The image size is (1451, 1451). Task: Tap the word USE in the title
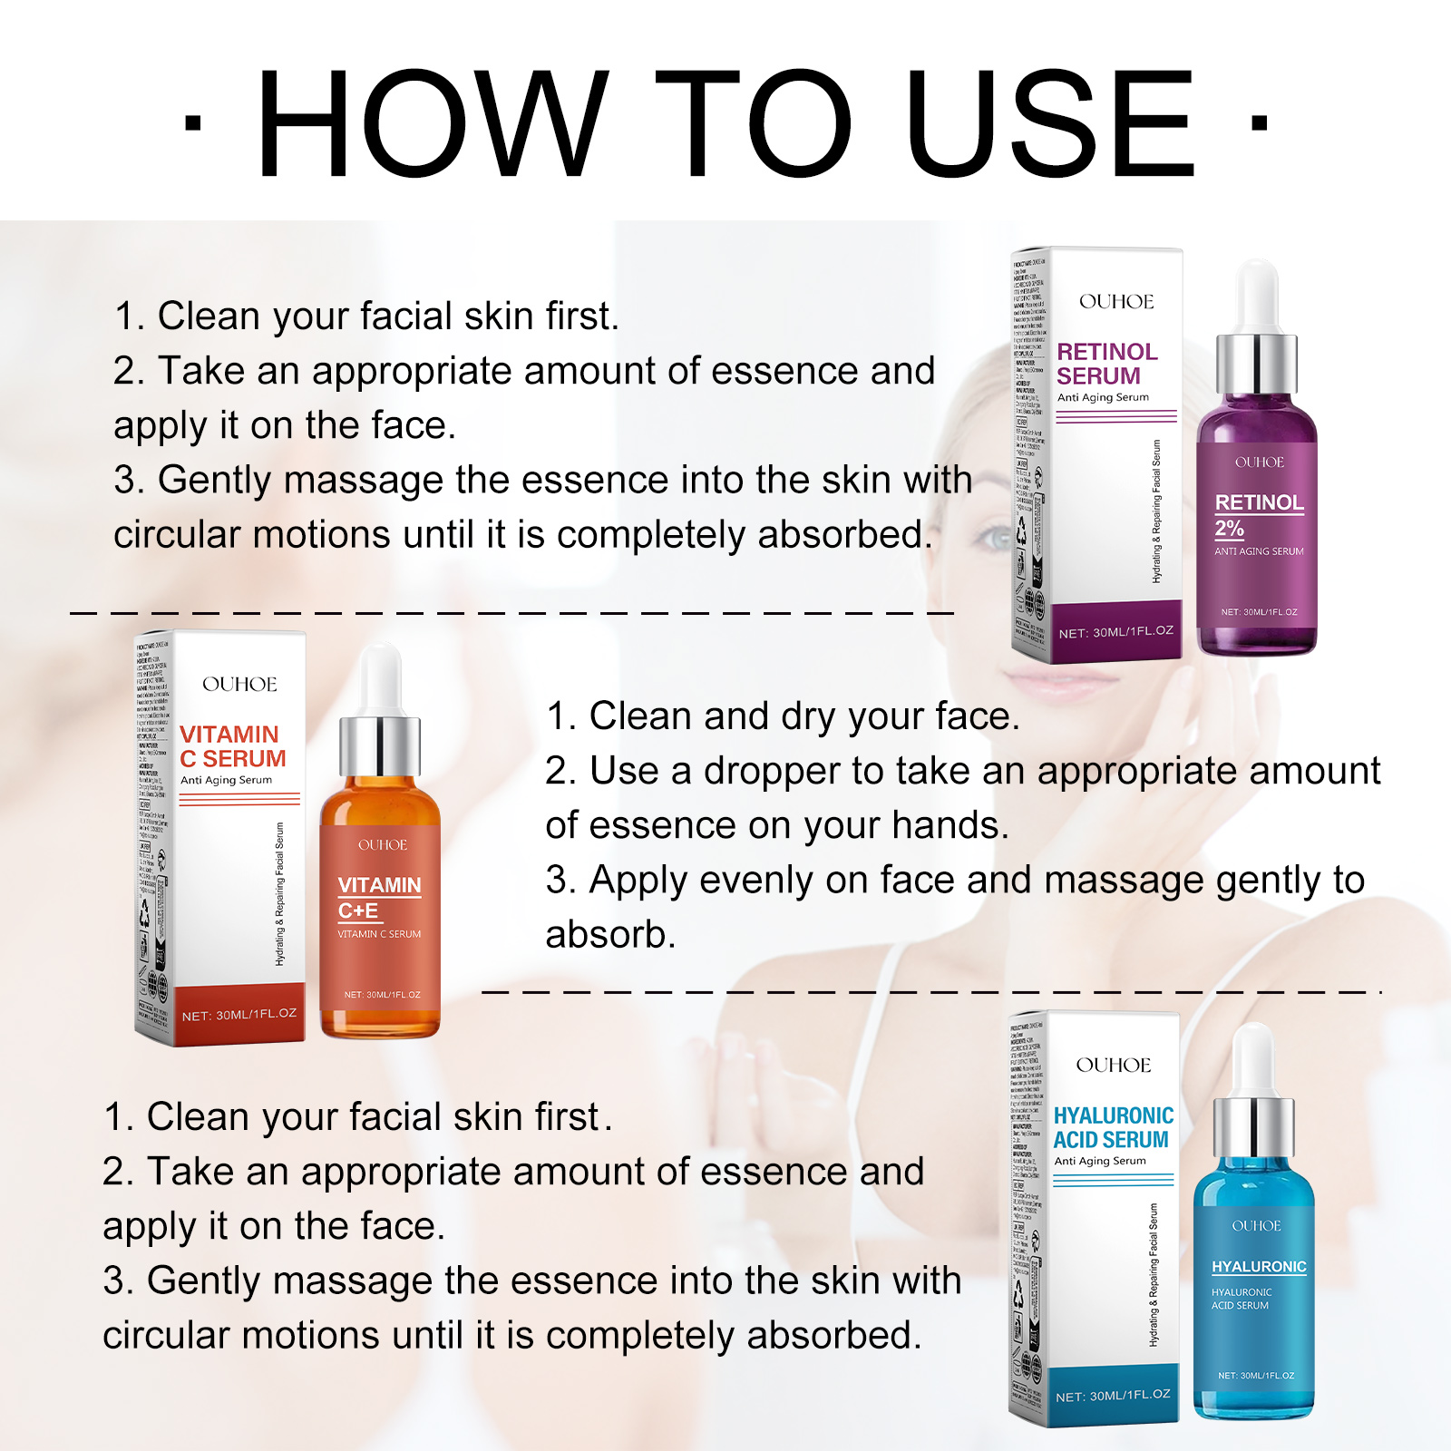click(x=1050, y=124)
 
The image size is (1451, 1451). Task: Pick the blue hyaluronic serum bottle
click(x=1254, y=1297)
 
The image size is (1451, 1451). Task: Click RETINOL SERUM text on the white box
click(x=1106, y=364)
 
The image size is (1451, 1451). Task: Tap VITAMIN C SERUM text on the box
click(x=232, y=746)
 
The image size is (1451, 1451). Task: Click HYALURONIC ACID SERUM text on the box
click(x=1113, y=1127)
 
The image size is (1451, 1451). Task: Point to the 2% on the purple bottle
click(x=1229, y=528)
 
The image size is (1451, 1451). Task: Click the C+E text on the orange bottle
click(x=358, y=911)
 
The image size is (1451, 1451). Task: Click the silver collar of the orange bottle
click(x=380, y=745)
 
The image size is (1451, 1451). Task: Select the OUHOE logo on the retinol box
click(x=1116, y=302)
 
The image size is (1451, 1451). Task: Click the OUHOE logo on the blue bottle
click(x=1256, y=1226)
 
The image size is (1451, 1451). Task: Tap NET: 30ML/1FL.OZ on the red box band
click(x=239, y=1015)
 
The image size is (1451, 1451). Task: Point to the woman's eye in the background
click(x=998, y=539)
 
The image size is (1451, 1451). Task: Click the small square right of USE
click(x=1259, y=122)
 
